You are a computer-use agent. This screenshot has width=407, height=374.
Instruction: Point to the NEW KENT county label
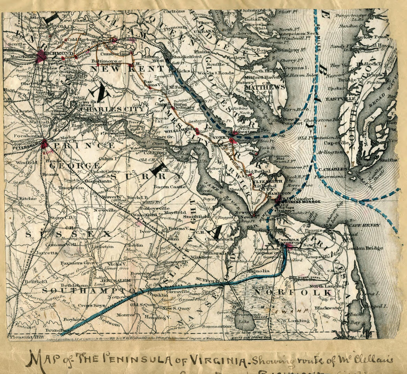coord(127,69)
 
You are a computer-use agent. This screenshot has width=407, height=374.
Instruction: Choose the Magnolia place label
coord(260,271)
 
